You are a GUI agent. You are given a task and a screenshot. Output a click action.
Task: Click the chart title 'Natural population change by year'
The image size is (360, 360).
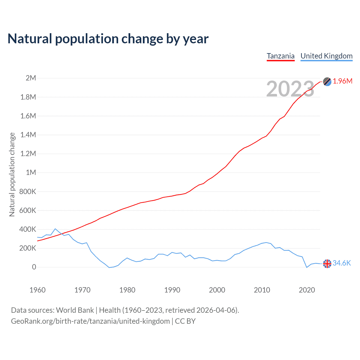click(108, 39)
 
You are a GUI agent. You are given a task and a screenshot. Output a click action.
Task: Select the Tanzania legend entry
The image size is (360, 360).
click(280, 56)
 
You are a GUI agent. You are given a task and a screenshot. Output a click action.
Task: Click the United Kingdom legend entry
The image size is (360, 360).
click(326, 56)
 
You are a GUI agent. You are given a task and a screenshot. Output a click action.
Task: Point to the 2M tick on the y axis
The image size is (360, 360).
click(31, 78)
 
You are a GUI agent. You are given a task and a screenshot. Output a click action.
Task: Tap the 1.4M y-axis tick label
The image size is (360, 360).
click(28, 135)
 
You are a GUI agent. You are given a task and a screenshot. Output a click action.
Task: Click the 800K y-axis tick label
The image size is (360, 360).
click(28, 192)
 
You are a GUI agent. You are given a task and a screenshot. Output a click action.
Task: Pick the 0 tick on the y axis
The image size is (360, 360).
click(34, 267)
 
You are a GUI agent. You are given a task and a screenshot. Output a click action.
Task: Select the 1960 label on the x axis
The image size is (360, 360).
click(37, 290)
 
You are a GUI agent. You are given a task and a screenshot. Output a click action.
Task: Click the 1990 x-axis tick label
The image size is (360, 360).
click(172, 290)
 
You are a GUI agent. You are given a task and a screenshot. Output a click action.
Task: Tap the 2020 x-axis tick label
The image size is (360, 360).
click(307, 290)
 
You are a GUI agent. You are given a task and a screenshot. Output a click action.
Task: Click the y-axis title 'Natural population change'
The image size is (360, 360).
click(12, 174)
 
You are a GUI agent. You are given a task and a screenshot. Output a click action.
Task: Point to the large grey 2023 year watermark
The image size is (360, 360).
click(290, 89)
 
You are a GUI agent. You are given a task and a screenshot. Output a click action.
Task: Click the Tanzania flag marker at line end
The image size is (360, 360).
click(327, 82)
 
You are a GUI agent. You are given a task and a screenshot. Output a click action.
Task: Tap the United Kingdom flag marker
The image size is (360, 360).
click(327, 264)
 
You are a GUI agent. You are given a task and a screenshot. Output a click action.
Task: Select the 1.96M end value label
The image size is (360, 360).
click(343, 81)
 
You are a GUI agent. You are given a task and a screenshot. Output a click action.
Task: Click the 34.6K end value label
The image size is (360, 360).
click(342, 263)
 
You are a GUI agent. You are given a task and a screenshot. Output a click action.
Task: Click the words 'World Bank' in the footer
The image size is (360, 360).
click(75, 310)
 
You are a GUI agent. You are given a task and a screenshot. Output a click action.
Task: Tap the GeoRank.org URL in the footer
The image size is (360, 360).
click(90, 321)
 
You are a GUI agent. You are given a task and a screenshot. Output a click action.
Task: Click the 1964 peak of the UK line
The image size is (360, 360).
click(55, 229)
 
